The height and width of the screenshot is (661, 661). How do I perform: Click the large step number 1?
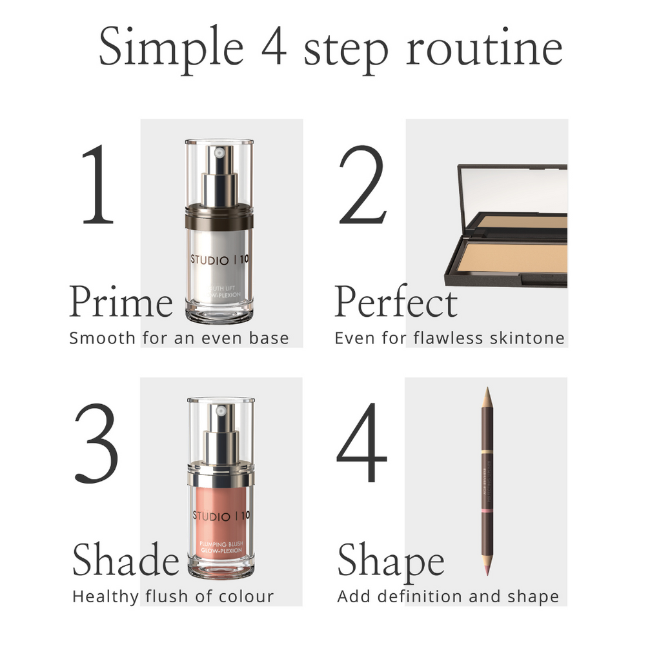tap(98, 186)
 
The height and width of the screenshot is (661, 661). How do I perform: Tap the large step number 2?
tap(362, 186)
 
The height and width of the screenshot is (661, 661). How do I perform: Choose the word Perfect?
tap(396, 303)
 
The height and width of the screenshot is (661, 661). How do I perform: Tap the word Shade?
tap(125, 560)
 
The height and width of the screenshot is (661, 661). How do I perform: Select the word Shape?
tap(391, 561)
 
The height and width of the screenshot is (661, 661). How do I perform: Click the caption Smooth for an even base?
tap(179, 338)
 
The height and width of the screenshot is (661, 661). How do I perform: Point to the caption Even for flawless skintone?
tap(449, 338)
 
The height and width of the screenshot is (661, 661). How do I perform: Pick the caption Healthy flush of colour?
tap(173, 596)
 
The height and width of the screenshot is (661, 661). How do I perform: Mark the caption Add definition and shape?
tap(448, 596)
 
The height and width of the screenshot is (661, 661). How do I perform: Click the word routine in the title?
tap(484, 49)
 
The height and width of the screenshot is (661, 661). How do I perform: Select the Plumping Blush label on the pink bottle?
tap(221, 547)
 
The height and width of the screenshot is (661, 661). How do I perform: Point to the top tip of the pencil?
tap(488, 391)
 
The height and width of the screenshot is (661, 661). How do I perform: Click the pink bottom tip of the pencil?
tap(487, 568)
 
